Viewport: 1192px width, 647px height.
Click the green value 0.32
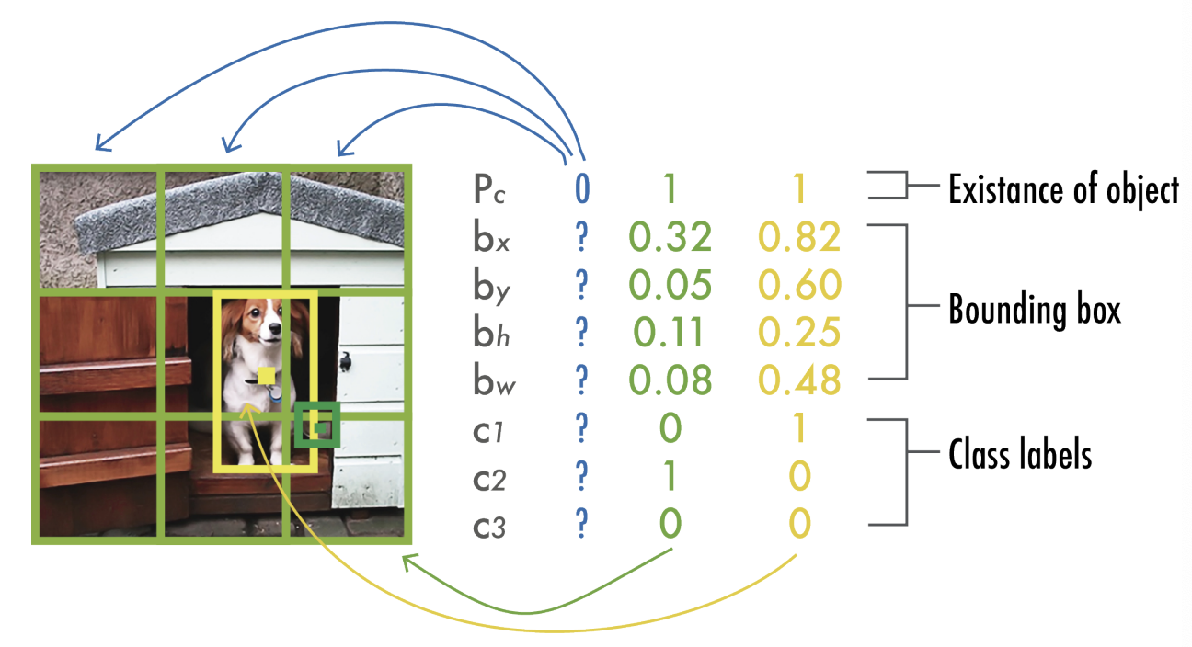click(670, 238)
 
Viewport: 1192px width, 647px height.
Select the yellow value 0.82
click(799, 238)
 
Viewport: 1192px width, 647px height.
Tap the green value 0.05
click(670, 286)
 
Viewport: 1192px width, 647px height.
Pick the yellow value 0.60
click(799, 286)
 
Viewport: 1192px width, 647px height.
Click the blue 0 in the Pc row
click(581, 189)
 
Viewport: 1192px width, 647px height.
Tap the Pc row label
click(487, 191)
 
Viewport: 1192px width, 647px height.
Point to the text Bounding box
click(1035, 311)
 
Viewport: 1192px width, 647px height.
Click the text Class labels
click(1020, 454)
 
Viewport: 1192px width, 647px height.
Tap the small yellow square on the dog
click(265, 375)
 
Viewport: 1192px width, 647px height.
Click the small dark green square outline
click(317, 426)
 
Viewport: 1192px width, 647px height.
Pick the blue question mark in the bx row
click(580, 238)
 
